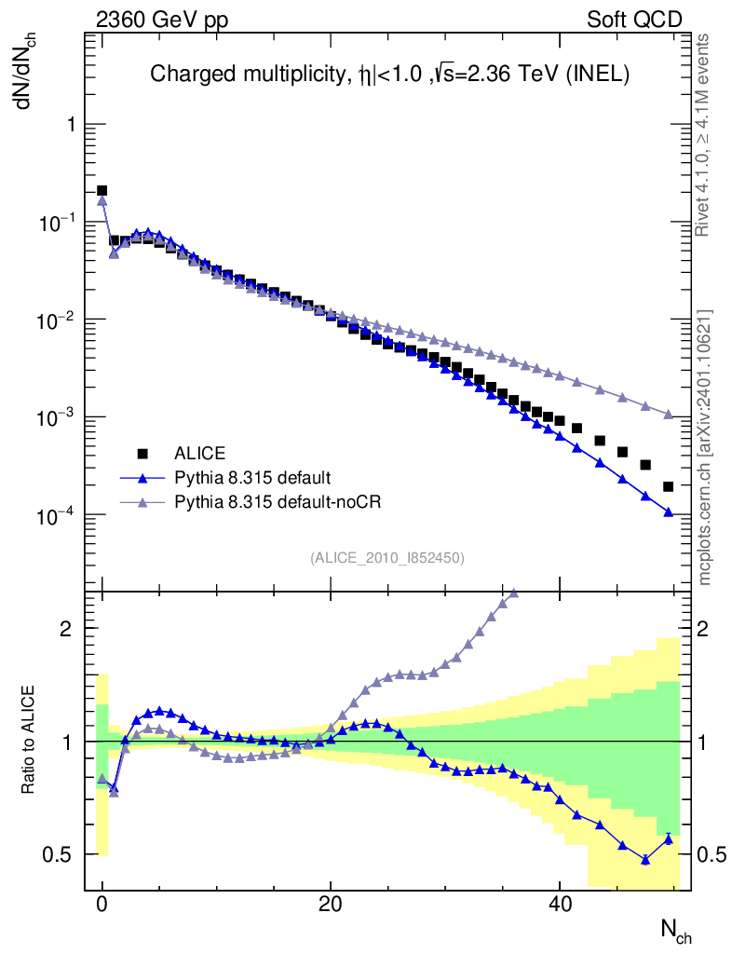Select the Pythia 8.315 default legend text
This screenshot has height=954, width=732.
tap(251, 478)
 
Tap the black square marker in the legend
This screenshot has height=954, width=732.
tap(142, 454)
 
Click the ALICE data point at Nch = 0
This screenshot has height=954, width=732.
tap(102, 191)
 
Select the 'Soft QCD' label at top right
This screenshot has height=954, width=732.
tap(634, 20)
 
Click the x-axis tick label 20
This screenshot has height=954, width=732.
tap(330, 905)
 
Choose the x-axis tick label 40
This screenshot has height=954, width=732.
tap(559, 905)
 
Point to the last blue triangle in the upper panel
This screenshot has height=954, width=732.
tap(668, 512)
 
